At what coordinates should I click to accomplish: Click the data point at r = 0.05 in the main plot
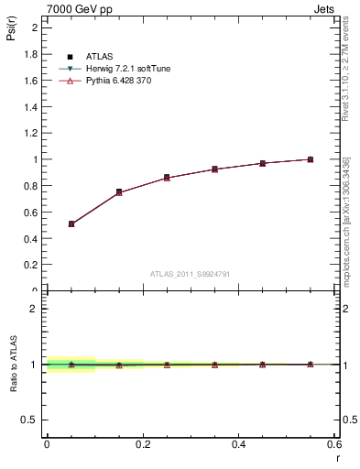pyautogui.click(x=71, y=224)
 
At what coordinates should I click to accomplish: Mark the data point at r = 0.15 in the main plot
pyautogui.click(x=119, y=192)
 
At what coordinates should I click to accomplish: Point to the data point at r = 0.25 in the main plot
pyautogui.click(x=167, y=178)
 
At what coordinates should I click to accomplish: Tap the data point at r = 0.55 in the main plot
pyautogui.click(x=311, y=159)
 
